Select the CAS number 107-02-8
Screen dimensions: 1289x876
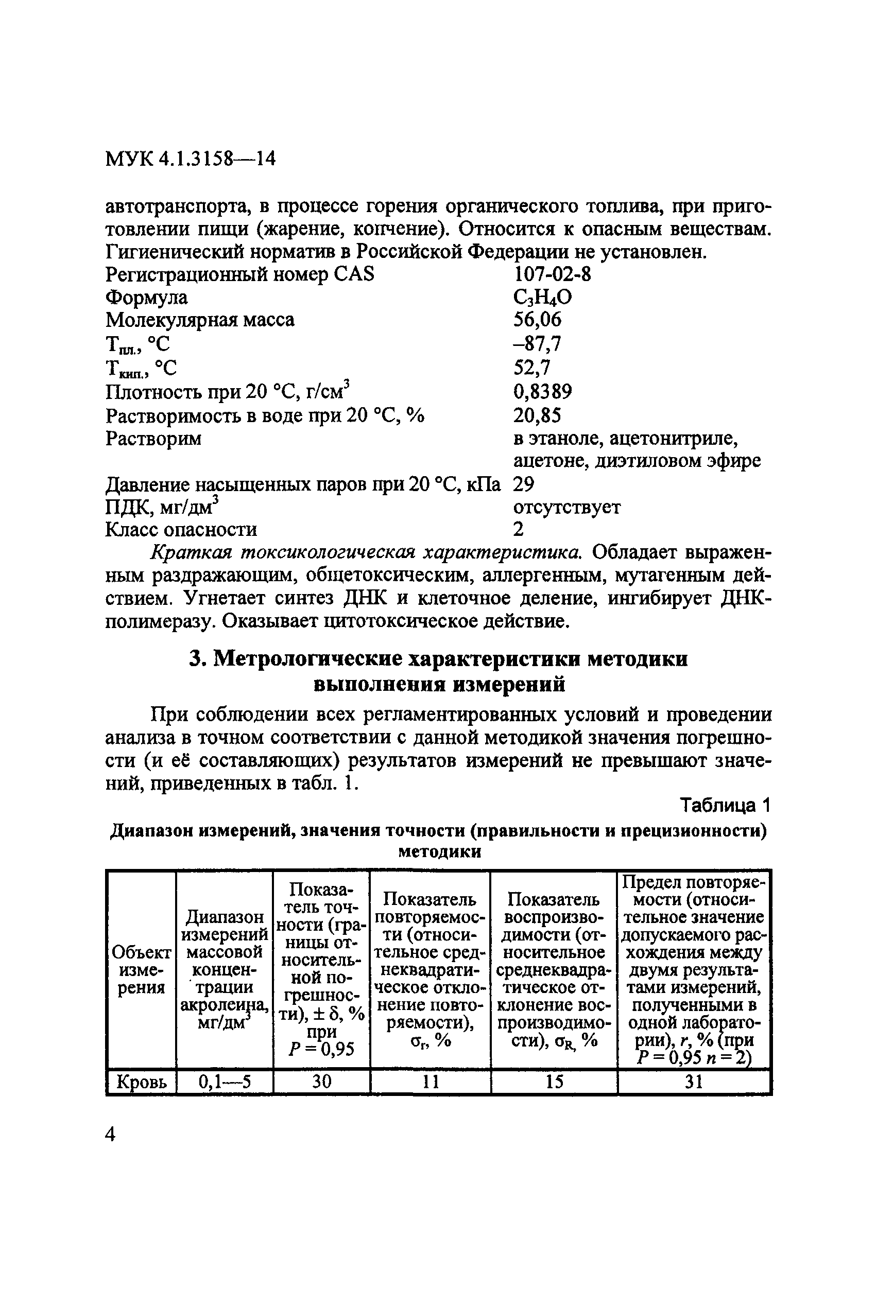click(x=552, y=274)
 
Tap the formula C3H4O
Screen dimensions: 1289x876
click(x=542, y=298)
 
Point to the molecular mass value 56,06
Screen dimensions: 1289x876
click(x=537, y=320)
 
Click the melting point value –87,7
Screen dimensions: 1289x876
click(x=537, y=344)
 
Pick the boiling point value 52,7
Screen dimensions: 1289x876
click(x=531, y=367)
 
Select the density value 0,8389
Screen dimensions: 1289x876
click(x=542, y=392)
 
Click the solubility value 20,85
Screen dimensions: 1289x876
click(x=537, y=415)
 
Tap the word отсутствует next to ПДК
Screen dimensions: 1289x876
click(x=566, y=507)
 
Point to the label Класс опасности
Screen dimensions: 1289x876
click(x=181, y=530)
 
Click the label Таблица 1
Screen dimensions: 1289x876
click(x=725, y=805)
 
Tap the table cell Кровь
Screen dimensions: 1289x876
click(x=142, y=1082)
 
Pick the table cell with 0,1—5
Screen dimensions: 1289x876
click(x=224, y=1082)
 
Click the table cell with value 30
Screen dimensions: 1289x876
click(x=321, y=1082)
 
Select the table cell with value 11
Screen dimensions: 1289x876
click(x=430, y=1082)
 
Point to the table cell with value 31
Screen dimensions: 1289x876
click(x=694, y=1082)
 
